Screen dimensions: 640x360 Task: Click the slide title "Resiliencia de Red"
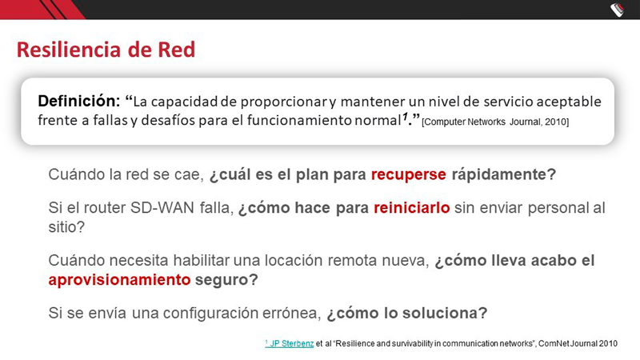pos(106,50)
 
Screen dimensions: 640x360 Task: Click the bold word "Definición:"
pos(78,101)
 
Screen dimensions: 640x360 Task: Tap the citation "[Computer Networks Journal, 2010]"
pos(495,122)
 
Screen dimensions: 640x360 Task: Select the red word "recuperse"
pos(408,174)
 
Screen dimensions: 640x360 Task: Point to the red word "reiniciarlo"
pos(412,208)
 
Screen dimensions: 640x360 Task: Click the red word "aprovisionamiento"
pos(119,280)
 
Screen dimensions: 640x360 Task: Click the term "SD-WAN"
pos(162,208)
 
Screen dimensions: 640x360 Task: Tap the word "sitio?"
pos(66,226)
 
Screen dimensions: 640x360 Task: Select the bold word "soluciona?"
pos(445,313)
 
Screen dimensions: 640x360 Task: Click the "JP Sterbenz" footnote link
pos(290,344)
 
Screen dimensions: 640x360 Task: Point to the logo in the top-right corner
pos(618,10)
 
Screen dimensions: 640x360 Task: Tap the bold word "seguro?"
pos(226,280)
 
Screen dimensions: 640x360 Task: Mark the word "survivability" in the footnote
pos(412,344)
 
